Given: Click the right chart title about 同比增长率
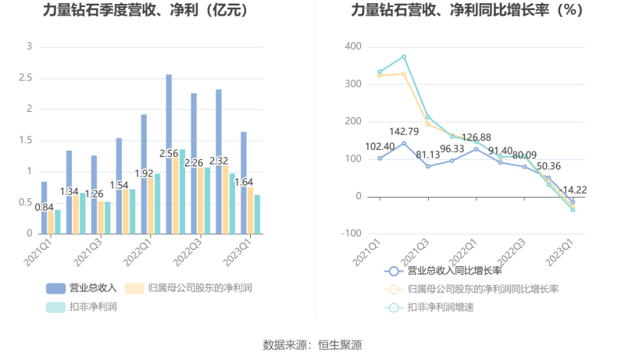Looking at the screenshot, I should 467,11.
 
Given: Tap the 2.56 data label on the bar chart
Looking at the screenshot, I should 170,154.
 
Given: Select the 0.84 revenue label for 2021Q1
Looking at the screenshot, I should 45,207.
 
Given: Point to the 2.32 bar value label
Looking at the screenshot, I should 220,162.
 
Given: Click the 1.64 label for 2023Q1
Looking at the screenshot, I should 245,183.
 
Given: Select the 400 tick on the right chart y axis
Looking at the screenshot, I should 352,47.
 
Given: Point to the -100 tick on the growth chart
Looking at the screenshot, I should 350,233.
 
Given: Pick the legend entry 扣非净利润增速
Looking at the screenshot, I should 440,307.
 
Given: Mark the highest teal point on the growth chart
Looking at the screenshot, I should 404,57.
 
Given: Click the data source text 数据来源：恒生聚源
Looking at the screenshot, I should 312,344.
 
